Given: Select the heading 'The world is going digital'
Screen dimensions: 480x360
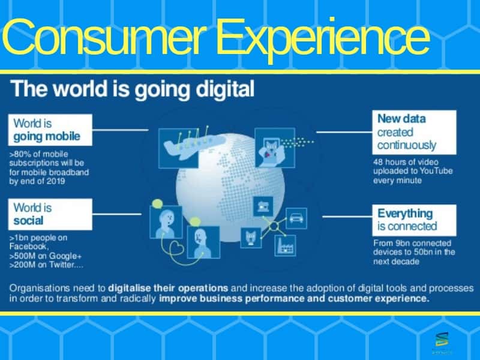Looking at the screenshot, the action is [x=132, y=89].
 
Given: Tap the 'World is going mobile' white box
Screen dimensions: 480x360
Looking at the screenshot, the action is [x=50, y=130].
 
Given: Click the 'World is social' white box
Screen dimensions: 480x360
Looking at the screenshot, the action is [x=50, y=214].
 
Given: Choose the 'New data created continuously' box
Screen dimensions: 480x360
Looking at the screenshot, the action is [x=414, y=132].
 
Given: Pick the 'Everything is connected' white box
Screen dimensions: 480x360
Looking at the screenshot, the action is [x=414, y=220].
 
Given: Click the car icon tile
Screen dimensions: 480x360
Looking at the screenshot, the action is [x=296, y=218].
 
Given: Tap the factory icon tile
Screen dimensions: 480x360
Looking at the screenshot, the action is [x=286, y=245].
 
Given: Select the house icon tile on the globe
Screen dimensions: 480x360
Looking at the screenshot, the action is [x=263, y=206].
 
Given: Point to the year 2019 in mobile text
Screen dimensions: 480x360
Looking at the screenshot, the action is [x=56, y=181].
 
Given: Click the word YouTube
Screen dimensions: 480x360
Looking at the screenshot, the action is [x=436, y=171].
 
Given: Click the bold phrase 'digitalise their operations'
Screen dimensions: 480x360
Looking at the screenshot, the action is [x=168, y=289].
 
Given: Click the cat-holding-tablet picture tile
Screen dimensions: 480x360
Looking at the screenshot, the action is [x=275, y=148].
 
